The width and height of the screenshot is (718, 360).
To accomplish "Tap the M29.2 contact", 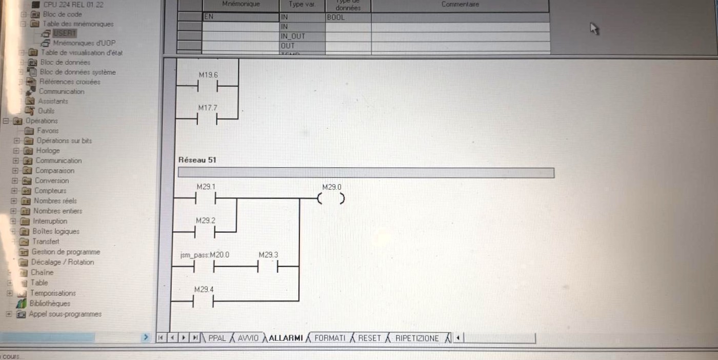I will (x=205, y=232).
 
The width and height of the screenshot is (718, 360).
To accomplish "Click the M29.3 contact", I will (x=268, y=267).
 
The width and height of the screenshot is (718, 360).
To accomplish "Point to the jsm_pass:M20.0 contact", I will (x=204, y=267).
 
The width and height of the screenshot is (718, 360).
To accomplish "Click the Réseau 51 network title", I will (x=197, y=160).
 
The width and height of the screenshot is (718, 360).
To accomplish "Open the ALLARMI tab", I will (x=286, y=338).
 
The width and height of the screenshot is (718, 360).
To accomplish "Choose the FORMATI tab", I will (x=330, y=338).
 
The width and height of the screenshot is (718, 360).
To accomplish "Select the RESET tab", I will (x=369, y=338).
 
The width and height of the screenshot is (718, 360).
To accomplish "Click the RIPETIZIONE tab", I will (x=416, y=338).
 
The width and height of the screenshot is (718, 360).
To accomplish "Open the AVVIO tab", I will (x=248, y=338).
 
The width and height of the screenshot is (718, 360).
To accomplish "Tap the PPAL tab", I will (x=217, y=338).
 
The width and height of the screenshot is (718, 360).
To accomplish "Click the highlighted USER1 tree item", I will (x=64, y=33).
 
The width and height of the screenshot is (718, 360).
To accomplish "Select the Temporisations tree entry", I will (x=53, y=293).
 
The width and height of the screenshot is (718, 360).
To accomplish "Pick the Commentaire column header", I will (x=460, y=5).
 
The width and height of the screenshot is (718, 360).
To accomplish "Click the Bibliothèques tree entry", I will (x=50, y=304).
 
